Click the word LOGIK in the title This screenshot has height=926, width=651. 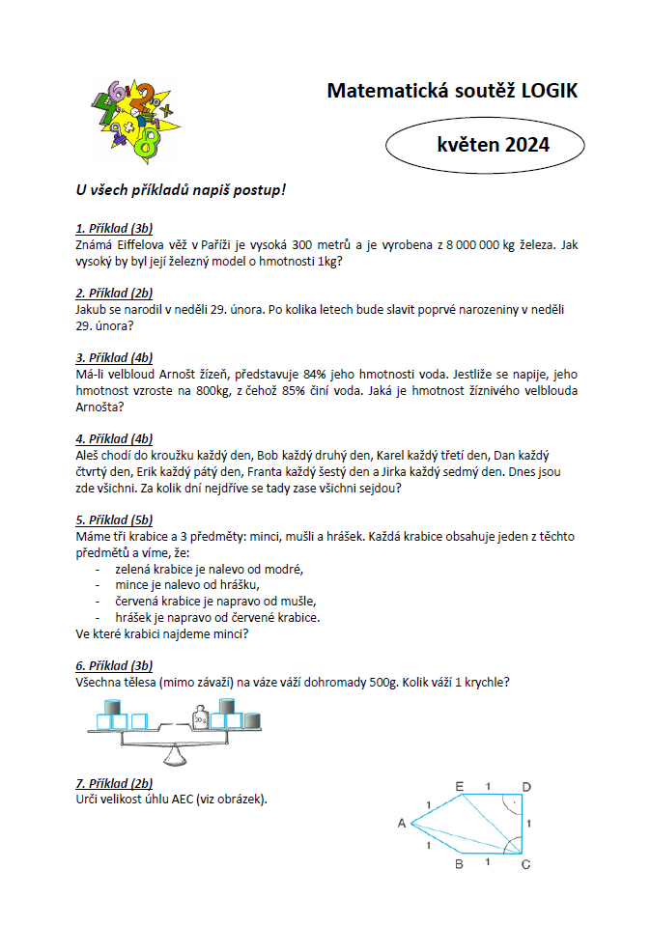[x=549, y=91]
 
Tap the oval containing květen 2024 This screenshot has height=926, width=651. [x=485, y=145]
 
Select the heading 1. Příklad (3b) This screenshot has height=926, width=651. [x=114, y=229]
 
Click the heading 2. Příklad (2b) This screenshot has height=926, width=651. [x=114, y=293]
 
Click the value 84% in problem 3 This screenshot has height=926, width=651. [x=313, y=374]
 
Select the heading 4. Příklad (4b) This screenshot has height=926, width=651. [x=114, y=438]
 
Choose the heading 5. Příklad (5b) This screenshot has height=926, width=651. [x=114, y=519]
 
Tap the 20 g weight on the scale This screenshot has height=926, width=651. [x=200, y=719]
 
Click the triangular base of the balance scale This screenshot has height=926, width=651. [x=175, y=754]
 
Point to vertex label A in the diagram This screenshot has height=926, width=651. [x=401, y=823]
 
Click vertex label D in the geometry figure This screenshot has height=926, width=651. [x=525, y=786]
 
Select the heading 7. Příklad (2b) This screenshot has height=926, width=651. [x=114, y=783]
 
